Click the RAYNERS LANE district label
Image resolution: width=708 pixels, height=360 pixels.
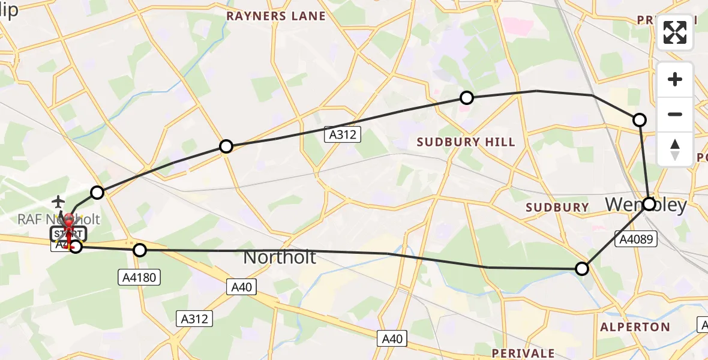click(x=275, y=16)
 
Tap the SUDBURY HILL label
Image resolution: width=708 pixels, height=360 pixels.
click(x=466, y=142)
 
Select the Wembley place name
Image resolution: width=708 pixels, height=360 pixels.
click(x=646, y=205)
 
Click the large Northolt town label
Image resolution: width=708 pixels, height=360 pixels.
click(x=279, y=257)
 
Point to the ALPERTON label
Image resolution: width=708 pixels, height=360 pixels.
click(x=635, y=327)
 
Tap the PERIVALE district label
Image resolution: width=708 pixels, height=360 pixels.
click(x=523, y=353)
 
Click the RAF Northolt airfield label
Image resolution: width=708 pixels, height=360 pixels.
click(x=75, y=219)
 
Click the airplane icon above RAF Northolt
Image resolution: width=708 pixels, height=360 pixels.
click(x=59, y=200)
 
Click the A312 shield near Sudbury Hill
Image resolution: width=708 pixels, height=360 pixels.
click(x=343, y=135)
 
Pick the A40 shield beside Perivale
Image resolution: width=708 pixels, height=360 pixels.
click(x=392, y=339)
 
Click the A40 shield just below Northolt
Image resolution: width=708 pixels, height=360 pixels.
click(x=242, y=287)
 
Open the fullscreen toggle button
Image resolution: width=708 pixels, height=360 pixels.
click(x=675, y=32)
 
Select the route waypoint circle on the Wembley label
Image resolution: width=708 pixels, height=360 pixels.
click(x=649, y=204)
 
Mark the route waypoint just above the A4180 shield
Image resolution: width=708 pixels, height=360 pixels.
click(x=140, y=250)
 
